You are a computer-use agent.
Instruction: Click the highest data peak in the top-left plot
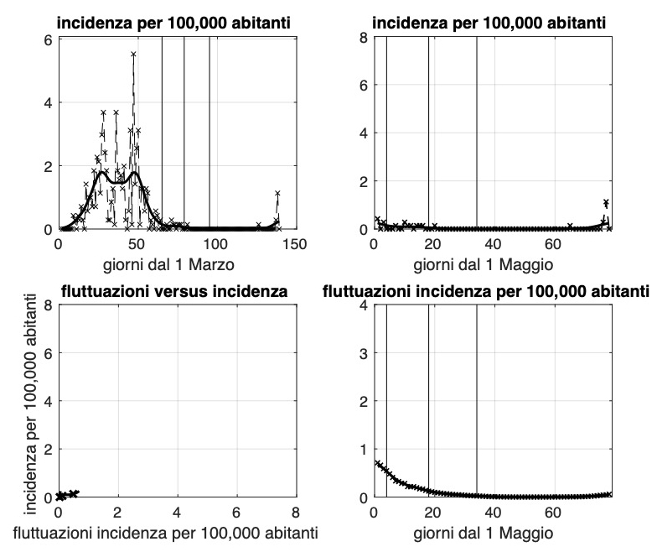click(x=133, y=55)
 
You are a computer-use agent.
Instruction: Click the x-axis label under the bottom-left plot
click(x=177, y=531)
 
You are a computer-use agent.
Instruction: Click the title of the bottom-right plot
click(x=487, y=292)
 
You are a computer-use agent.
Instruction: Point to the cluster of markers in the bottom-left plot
click(x=65, y=494)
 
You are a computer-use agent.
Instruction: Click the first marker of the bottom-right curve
click(x=376, y=462)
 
